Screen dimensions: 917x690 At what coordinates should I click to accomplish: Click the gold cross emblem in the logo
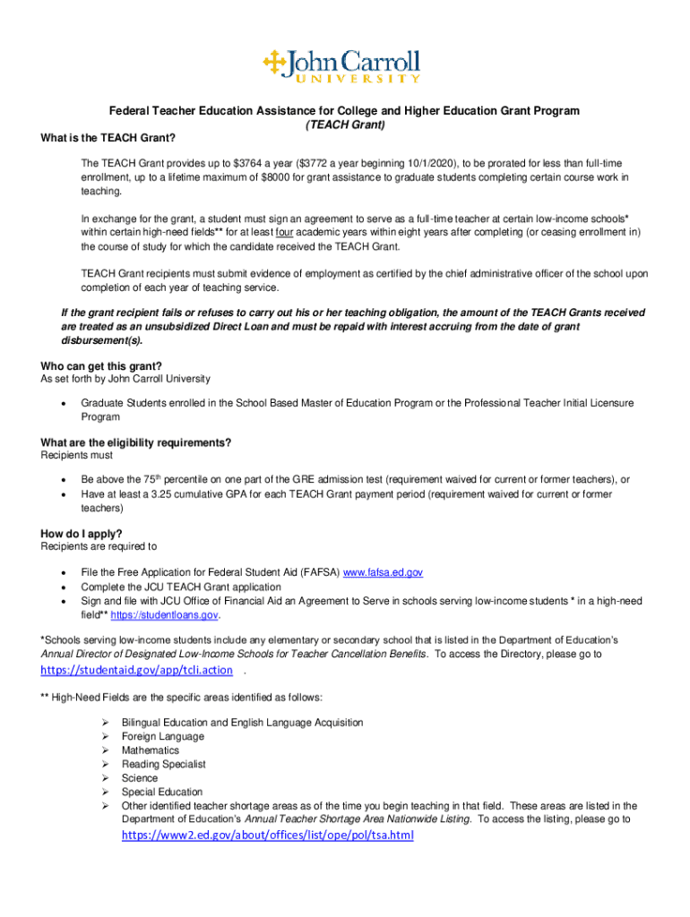click(x=272, y=62)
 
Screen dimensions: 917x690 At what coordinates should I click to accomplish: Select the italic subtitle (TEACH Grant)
click(x=345, y=124)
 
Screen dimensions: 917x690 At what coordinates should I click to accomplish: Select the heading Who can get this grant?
click(x=101, y=366)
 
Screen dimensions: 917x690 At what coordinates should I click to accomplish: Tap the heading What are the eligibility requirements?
click(x=136, y=443)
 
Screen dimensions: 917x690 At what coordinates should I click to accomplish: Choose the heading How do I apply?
click(x=82, y=535)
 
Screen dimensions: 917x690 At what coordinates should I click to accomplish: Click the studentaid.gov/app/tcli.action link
click(x=136, y=670)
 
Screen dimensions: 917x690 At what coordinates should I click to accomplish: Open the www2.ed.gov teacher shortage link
click(x=267, y=836)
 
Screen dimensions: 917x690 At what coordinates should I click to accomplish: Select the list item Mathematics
click(x=151, y=750)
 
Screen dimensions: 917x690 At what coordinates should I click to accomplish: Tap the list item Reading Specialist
click(x=164, y=764)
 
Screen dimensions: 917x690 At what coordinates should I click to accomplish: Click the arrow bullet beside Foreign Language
click(x=104, y=737)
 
